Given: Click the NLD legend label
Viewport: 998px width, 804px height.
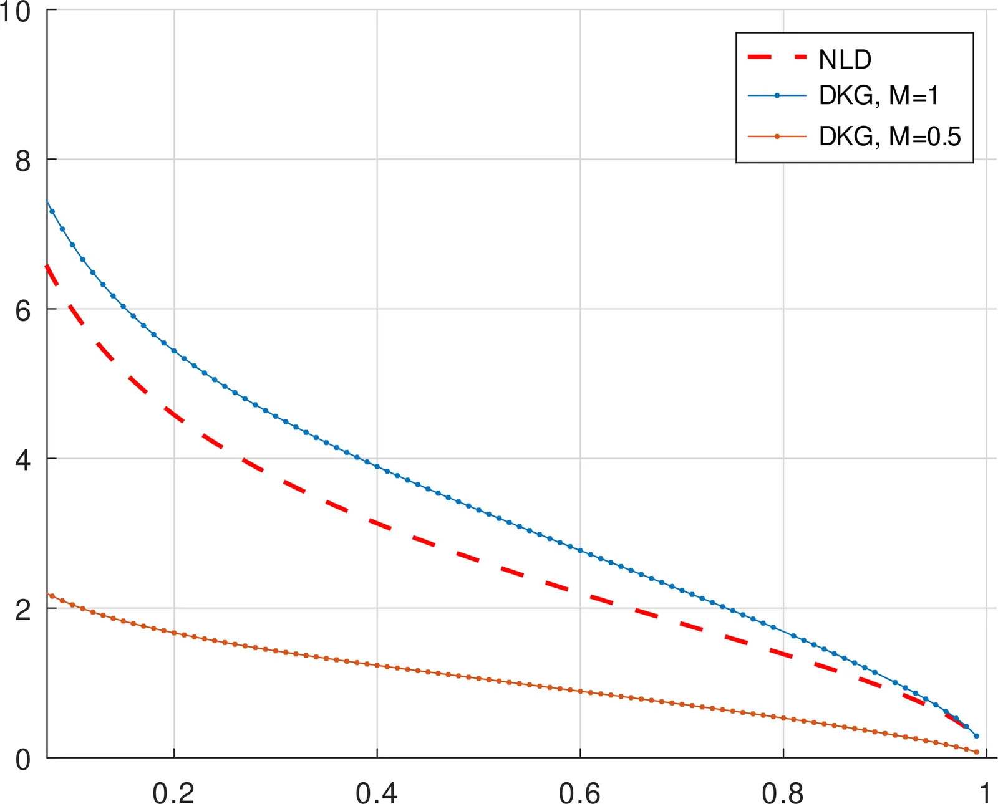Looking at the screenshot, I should [x=845, y=60].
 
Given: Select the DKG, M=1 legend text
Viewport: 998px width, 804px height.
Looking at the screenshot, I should [x=878, y=96].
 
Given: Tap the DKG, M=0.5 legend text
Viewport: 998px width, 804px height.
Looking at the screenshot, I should [x=889, y=136].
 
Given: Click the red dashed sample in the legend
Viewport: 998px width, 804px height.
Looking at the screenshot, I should [x=777, y=57].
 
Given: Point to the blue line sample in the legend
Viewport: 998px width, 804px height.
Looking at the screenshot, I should [x=777, y=95].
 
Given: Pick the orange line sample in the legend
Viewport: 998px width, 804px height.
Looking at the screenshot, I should [x=777, y=136].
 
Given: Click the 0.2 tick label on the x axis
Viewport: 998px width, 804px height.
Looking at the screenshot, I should [x=173, y=793].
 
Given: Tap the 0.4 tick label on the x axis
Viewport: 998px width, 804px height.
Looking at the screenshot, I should [x=377, y=793].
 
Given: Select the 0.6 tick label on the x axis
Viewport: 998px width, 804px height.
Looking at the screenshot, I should [x=580, y=793].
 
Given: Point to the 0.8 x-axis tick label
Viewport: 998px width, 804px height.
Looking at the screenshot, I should [x=783, y=793].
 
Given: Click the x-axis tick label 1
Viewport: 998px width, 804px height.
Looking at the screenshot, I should [x=985, y=793].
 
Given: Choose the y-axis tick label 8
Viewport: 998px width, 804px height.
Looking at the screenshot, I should [x=23, y=161].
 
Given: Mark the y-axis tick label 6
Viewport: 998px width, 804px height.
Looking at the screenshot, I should [x=23, y=310].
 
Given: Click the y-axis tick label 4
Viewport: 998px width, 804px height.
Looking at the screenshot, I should [x=23, y=460].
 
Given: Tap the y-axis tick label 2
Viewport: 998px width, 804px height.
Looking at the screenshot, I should [x=23, y=610].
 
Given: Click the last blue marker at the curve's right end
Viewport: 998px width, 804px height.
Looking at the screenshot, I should [x=976, y=736].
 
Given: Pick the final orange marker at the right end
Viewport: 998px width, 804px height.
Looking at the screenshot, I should [x=976, y=752].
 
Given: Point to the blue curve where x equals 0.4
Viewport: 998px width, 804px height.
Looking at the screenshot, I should [x=377, y=466].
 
